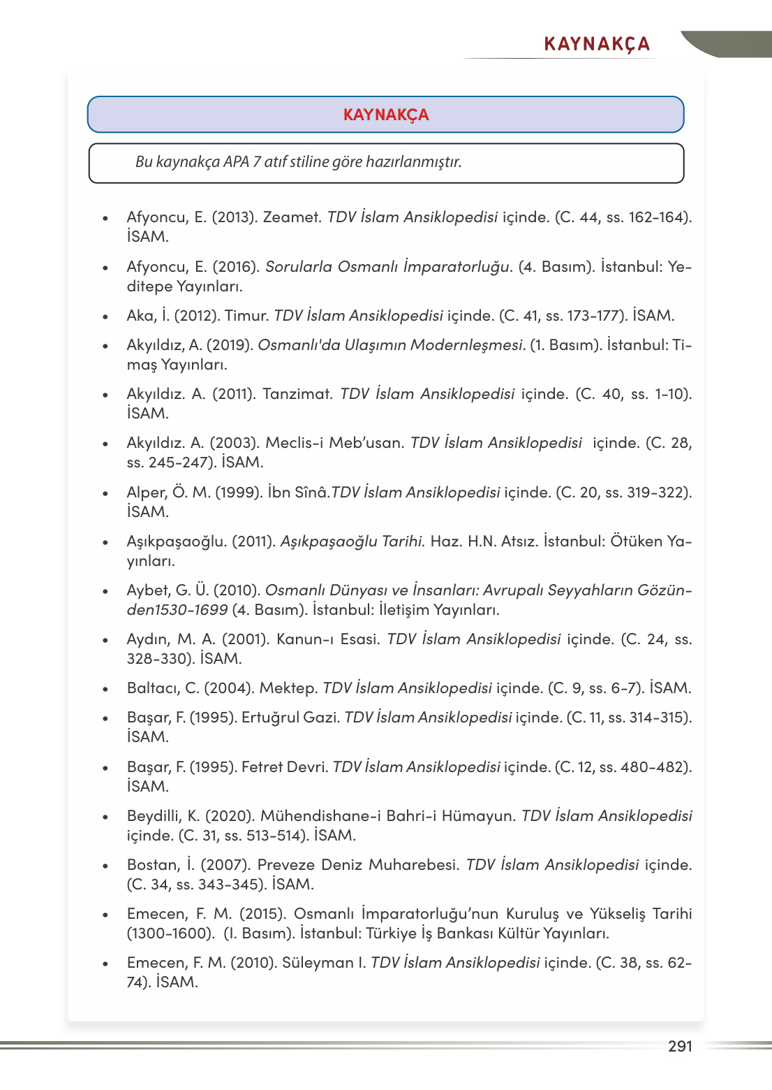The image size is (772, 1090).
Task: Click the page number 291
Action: pyautogui.click(x=680, y=1046)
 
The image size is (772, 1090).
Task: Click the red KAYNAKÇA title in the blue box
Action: pyautogui.click(x=386, y=115)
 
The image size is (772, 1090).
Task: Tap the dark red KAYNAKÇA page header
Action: pyautogui.click(x=597, y=45)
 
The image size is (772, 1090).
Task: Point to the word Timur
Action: pyautogui.click(x=246, y=316)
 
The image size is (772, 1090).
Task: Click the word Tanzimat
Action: pyautogui.click(x=297, y=394)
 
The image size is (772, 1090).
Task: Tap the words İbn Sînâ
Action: pyautogui.click(x=298, y=493)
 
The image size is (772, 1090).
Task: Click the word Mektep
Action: pyautogui.click(x=288, y=688)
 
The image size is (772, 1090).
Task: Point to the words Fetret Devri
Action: pyautogui.click(x=285, y=767)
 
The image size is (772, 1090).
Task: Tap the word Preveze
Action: pyautogui.click(x=286, y=865)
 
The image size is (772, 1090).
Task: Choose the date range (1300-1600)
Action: pyautogui.click(x=171, y=933)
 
